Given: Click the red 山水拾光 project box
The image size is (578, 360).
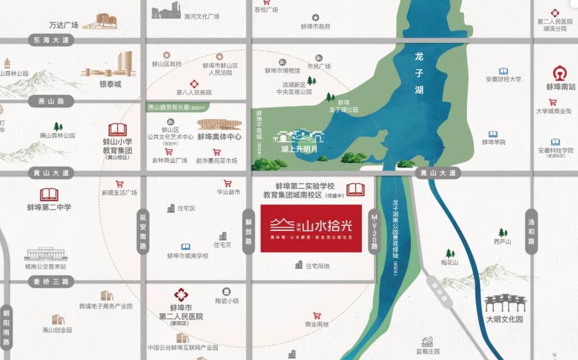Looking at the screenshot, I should pyautogui.click(x=311, y=228).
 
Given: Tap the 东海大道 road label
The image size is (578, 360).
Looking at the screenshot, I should pyautogui.click(x=51, y=40).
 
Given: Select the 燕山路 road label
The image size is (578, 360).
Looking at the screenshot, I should pyautogui.click(x=52, y=102).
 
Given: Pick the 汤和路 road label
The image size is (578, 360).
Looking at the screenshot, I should pyautogui.click(x=531, y=231).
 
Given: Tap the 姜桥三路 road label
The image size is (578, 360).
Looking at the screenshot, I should pyautogui.click(x=51, y=281).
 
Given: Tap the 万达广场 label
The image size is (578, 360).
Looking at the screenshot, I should pyautogui.click(x=63, y=25).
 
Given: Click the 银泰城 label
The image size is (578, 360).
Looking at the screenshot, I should pyautogui.click(x=111, y=84).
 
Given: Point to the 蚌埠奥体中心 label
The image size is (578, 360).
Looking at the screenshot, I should pyautogui.click(x=219, y=136).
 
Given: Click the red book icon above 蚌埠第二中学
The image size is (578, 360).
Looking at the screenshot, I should pyautogui.click(x=49, y=195).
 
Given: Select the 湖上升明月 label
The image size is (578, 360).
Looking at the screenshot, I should pyautogui.click(x=299, y=149).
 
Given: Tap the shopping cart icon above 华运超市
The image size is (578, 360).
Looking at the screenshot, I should pyautogui.click(x=228, y=183).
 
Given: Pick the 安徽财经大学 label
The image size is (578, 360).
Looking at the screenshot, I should pyautogui.click(x=503, y=80).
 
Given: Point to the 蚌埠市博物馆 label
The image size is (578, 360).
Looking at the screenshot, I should pyautogui.click(x=282, y=71).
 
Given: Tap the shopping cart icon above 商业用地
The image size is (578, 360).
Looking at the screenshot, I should pyautogui.click(x=316, y=316).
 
